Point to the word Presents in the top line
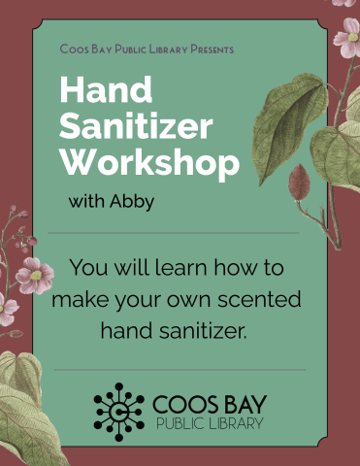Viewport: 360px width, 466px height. click(x=207, y=48)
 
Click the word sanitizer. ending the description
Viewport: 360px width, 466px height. click(x=204, y=329)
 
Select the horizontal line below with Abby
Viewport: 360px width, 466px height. click(x=175, y=233)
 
